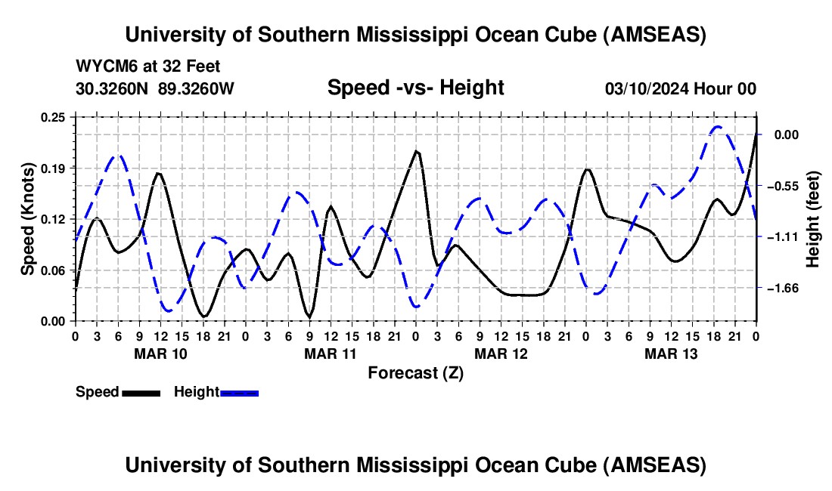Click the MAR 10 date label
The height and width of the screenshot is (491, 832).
point(160,354)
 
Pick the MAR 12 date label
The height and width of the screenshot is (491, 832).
point(501,354)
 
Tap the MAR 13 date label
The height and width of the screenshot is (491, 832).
point(671,354)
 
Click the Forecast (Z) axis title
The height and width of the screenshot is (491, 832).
point(415,372)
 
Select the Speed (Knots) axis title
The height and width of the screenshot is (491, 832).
point(28,218)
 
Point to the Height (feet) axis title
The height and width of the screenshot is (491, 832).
point(813,218)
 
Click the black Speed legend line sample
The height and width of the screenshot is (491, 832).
point(141,393)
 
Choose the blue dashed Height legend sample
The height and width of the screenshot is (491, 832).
point(240,393)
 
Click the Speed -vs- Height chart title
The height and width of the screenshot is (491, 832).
point(415,88)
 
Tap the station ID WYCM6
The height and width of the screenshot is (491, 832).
point(101,66)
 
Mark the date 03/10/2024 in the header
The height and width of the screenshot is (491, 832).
point(647,88)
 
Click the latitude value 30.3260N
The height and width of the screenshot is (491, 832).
point(113,88)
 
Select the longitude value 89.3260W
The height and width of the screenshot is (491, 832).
point(197,88)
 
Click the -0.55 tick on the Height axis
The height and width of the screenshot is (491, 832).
point(780,186)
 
